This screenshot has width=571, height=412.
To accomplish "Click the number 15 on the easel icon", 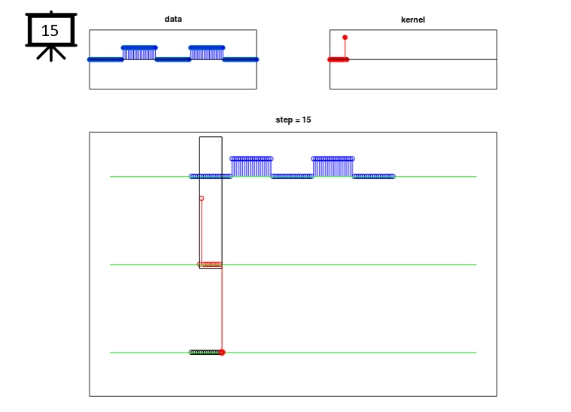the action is pos(50,31).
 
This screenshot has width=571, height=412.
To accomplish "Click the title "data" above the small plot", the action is pos(173,19).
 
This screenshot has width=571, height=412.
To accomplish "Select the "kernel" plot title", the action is pos(413,20).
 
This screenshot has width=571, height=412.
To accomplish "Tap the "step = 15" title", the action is pos(293,120).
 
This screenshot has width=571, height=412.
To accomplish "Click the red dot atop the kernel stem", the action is pos(345,38).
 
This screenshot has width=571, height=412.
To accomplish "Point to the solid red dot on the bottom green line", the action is pos(222,353).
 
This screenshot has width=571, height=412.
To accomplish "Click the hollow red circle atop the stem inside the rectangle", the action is pos(202,198).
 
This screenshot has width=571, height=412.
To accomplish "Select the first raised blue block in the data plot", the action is pos(139,53).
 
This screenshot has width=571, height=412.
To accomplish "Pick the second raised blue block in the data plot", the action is pos(207,53).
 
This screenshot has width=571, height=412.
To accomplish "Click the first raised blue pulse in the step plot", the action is pos(251,167).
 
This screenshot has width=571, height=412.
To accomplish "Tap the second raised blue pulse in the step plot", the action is pos(333,167).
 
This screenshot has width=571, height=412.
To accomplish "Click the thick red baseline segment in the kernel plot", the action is pos(339,59).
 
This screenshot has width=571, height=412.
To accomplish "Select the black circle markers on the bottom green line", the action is pos(205,353).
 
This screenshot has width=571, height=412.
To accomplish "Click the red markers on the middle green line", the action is pos(210,264).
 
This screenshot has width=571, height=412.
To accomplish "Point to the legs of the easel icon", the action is pos(51,53).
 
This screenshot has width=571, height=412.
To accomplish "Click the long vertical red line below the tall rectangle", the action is pos(222,310).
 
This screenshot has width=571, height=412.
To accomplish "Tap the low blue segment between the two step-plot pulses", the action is pos(292,177).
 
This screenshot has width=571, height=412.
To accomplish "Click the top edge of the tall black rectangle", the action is pos(211,137).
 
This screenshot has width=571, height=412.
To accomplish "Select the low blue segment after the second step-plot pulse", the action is pos(374,177).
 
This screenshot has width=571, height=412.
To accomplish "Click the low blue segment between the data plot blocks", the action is pos(173,59).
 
